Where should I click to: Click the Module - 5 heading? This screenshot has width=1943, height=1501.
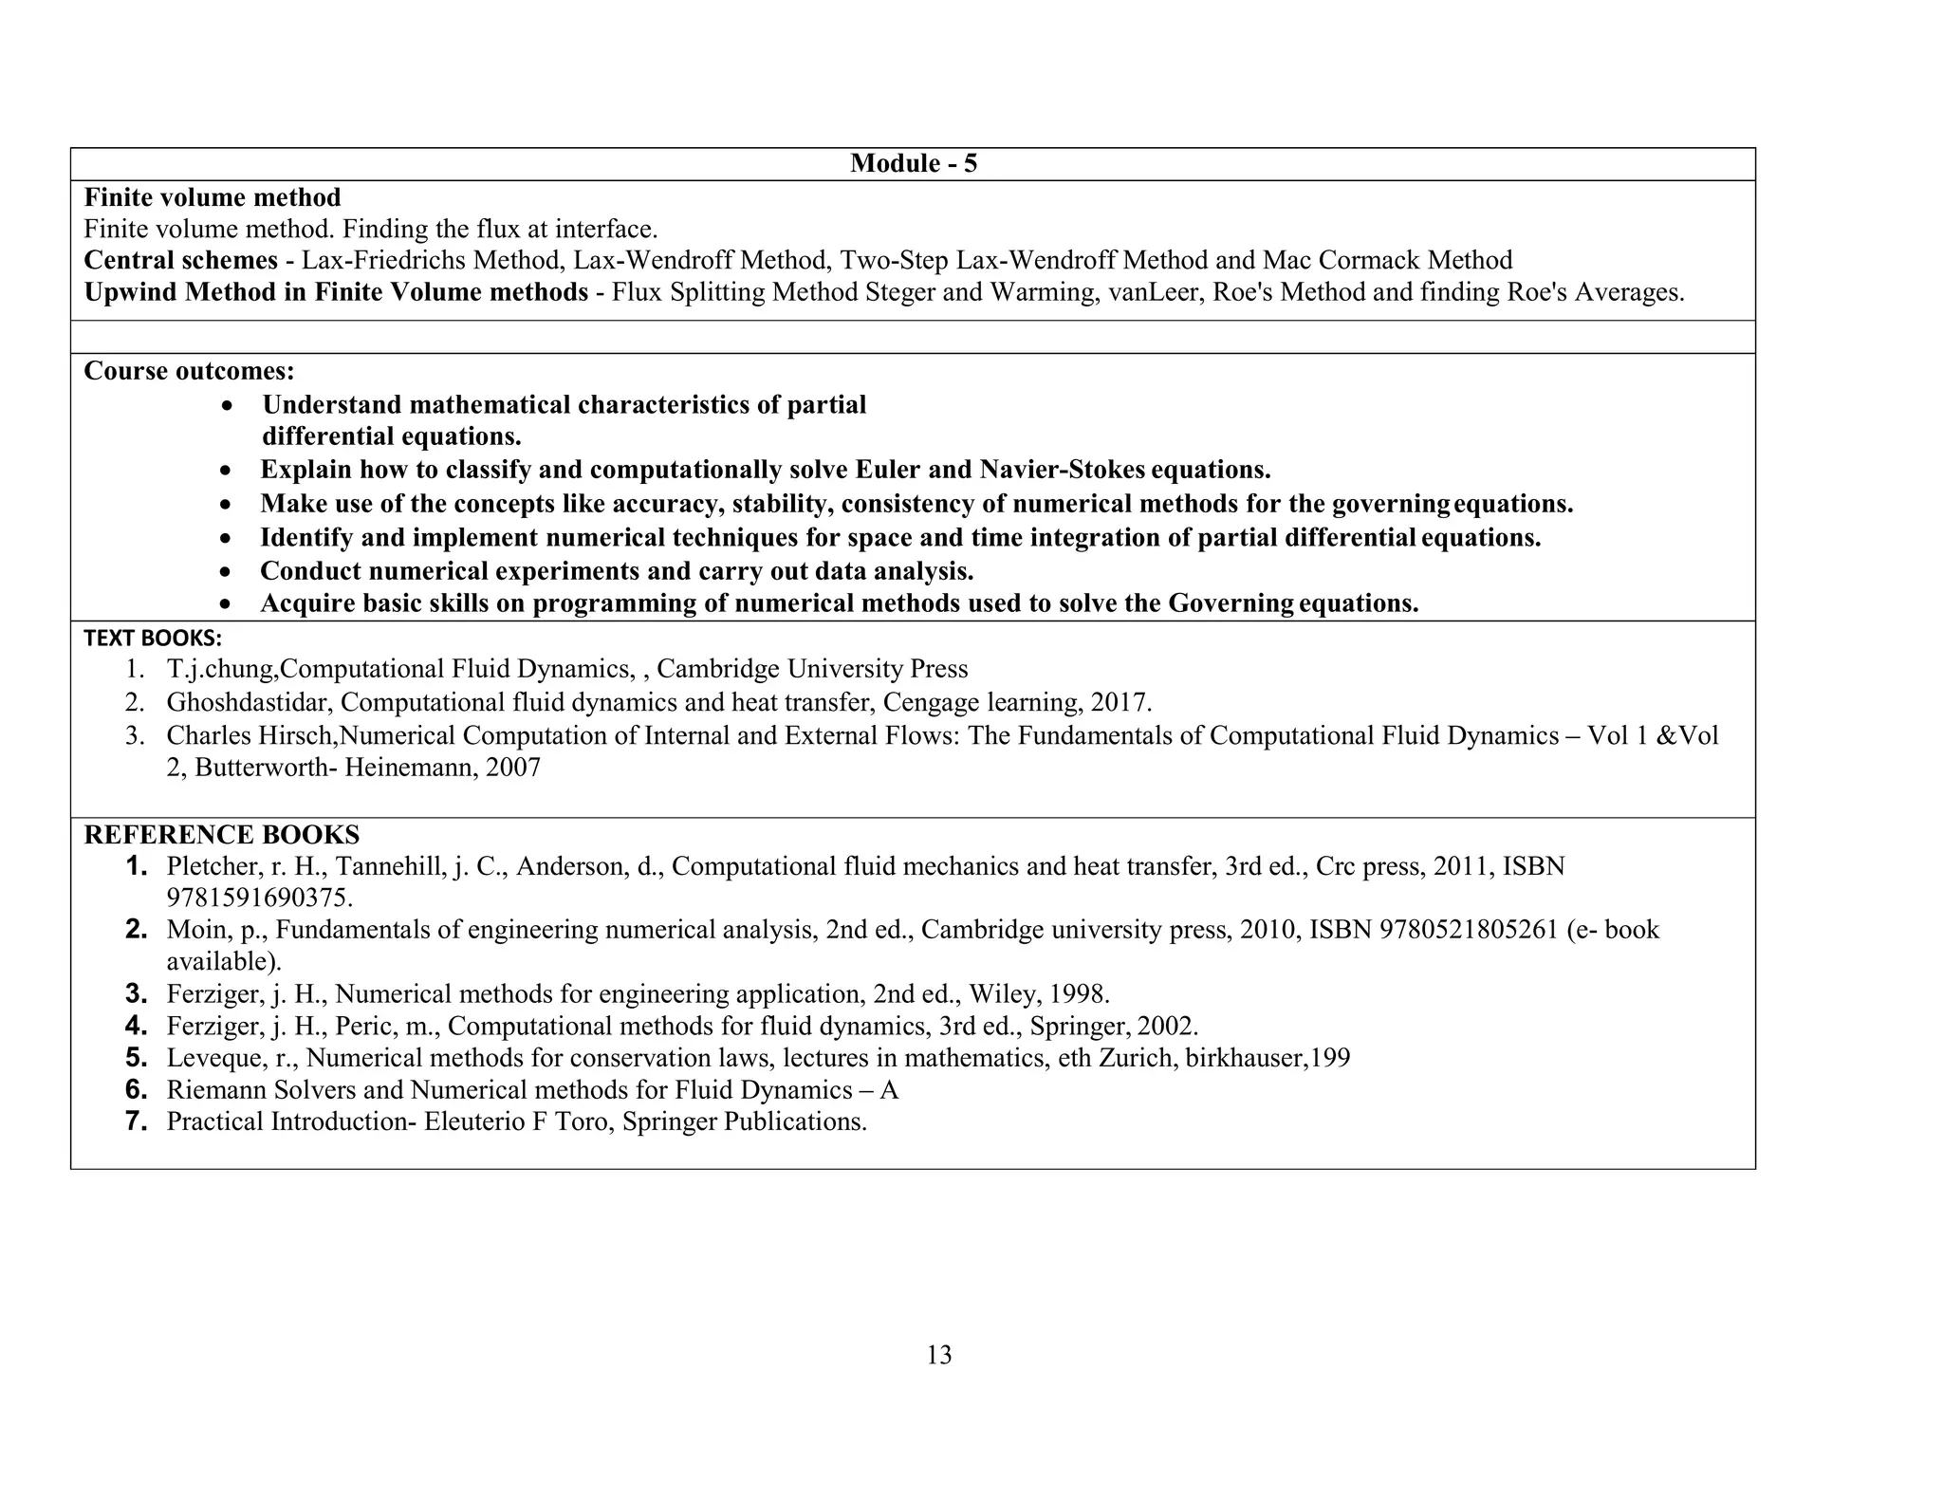point(913,163)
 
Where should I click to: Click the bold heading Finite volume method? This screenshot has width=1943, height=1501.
point(212,197)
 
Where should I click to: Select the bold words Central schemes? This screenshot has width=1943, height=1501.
point(180,260)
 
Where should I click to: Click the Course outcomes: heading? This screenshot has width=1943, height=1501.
point(189,371)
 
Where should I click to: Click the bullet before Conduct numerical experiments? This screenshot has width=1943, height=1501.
point(225,572)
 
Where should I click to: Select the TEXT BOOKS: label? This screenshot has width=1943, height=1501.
point(152,639)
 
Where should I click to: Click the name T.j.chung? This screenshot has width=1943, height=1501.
point(220,670)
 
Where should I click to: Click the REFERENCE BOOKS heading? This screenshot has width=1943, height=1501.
point(221,835)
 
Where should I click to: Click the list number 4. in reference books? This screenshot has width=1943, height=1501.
point(137,1026)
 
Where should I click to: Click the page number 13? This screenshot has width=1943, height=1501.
point(938,1355)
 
